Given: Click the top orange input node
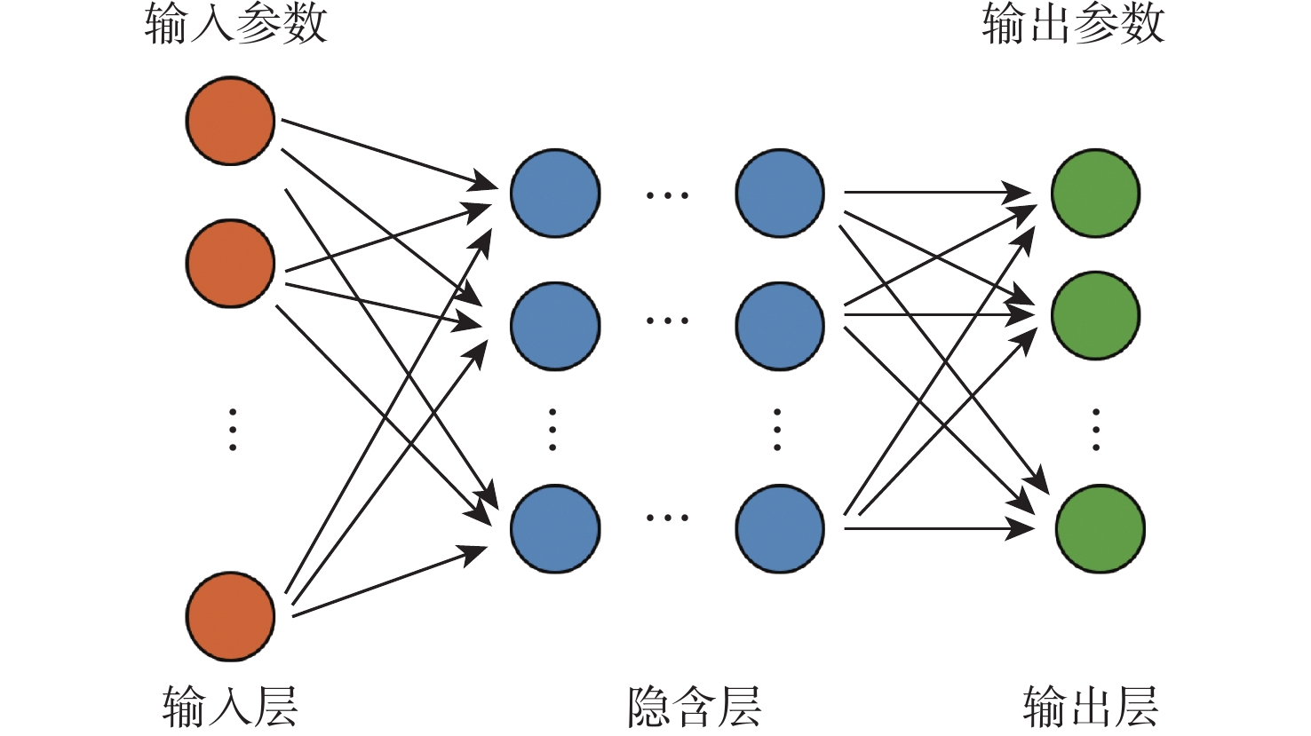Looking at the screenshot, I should [x=230, y=121].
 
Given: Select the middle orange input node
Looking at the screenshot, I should [x=230, y=264].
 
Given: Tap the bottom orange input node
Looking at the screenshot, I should [x=230, y=616].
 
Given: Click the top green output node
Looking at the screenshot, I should [x=1095, y=193].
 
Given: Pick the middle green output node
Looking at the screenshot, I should [x=1095, y=315].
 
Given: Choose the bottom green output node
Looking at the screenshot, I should [x=1100, y=528].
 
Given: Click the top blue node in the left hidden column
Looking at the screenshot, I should [x=555, y=193].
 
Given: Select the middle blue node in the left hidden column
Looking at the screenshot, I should [x=555, y=325].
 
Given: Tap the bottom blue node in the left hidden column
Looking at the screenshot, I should [x=555, y=528].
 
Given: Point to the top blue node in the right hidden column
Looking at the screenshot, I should [x=780, y=193].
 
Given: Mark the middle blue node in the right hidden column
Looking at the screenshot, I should [x=780, y=325].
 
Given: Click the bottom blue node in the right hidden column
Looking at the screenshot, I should [x=780, y=528].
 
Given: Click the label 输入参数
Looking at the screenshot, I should [x=236, y=24].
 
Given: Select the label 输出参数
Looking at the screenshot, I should [x=1073, y=24].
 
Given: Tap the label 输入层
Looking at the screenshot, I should [x=230, y=707].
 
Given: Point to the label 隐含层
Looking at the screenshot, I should [x=694, y=707].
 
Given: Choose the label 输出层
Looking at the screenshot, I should [x=1091, y=707].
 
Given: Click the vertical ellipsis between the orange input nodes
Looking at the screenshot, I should [x=233, y=430].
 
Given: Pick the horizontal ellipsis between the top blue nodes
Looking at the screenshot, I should [x=667, y=195].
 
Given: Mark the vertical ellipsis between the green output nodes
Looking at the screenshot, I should [x=1096, y=430].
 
